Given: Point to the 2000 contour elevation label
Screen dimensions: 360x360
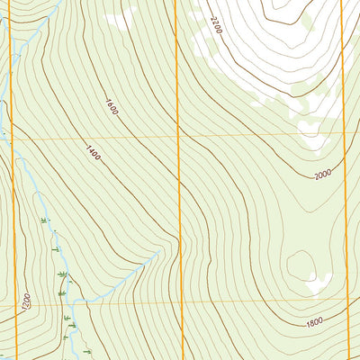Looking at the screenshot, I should click(x=323, y=174).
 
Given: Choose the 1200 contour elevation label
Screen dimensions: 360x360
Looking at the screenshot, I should click(x=26, y=300).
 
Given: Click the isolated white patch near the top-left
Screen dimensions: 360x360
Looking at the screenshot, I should click(x=121, y=18).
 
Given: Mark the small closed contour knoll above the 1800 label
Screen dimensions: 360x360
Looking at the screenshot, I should click(x=301, y=265).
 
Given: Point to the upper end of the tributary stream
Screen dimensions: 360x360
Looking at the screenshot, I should click(x=158, y=255).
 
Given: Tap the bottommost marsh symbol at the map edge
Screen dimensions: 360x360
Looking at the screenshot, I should click(x=87, y=350).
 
